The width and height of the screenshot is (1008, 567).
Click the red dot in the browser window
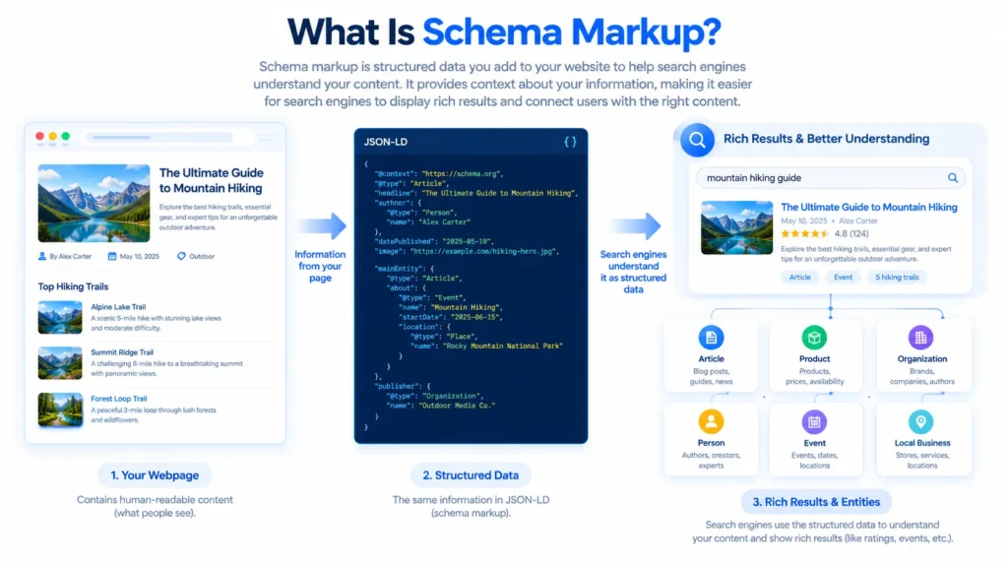(x=39, y=136)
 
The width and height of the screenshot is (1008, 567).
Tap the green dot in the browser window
(x=66, y=136)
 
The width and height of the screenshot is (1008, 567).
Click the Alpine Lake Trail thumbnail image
(x=60, y=318)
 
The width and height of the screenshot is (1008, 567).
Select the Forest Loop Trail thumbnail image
(x=60, y=409)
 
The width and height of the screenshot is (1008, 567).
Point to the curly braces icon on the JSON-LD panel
(x=570, y=142)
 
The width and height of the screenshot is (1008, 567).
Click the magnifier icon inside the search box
(x=953, y=178)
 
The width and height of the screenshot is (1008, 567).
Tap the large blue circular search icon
(x=697, y=140)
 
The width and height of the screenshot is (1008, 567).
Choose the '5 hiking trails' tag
(x=897, y=277)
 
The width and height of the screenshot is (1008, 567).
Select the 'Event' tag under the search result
(x=843, y=277)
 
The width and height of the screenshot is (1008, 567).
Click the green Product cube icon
(x=814, y=338)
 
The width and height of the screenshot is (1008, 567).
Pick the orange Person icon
(x=711, y=421)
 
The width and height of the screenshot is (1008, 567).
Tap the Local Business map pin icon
(x=921, y=421)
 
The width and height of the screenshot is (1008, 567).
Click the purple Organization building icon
(x=920, y=338)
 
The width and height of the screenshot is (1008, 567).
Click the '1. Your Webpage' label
(x=155, y=475)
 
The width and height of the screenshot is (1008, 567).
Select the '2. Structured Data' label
(x=471, y=475)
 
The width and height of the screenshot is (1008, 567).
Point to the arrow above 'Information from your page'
(x=322, y=225)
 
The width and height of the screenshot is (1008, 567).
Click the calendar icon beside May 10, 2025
(x=112, y=256)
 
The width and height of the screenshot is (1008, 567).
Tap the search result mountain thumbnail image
(x=736, y=227)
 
